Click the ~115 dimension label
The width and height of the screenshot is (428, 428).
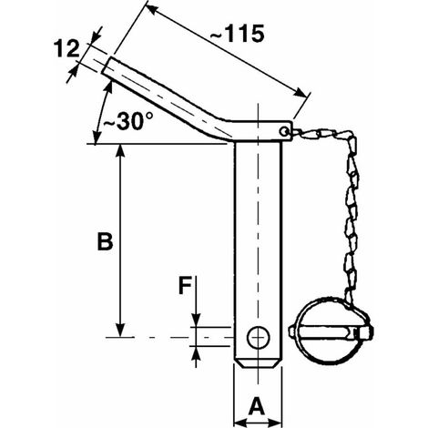(x=237, y=34)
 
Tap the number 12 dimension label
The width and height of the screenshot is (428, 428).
(x=66, y=49)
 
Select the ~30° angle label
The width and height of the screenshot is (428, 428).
(x=127, y=121)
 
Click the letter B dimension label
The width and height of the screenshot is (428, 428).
(x=105, y=241)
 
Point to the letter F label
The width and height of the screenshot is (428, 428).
(x=185, y=287)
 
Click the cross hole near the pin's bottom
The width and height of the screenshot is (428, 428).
(x=258, y=338)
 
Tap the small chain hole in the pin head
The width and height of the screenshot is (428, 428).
(x=284, y=131)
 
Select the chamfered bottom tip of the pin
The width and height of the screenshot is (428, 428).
(x=258, y=364)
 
